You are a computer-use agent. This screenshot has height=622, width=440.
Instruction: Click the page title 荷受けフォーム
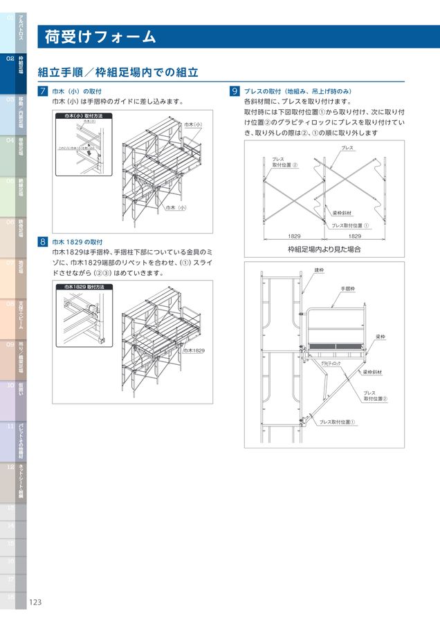click(x=100, y=37)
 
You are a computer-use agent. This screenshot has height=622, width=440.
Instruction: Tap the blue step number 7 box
click(x=43, y=91)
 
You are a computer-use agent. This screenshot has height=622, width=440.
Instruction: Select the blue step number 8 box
click(x=43, y=242)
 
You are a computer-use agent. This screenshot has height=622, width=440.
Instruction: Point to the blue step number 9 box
click(x=235, y=91)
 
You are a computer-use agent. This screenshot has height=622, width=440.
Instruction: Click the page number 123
click(x=35, y=602)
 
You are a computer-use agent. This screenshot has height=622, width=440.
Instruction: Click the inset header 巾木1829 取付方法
click(x=85, y=286)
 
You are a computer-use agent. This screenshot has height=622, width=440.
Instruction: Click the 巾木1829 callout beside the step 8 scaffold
click(x=194, y=350)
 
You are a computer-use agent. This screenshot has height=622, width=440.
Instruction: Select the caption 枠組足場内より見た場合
click(x=324, y=249)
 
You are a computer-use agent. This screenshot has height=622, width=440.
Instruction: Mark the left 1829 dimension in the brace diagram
click(x=295, y=236)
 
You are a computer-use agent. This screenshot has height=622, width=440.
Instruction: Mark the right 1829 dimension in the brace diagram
click(x=354, y=236)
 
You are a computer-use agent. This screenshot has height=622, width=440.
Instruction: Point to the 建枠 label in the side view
click(x=319, y=270)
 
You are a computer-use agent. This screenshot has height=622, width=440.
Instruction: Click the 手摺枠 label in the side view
click(x=347, y=288)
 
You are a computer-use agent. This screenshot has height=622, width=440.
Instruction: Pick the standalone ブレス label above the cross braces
click(x=347, y=149)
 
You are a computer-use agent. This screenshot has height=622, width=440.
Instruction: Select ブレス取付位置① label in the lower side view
click(x=336, y=422)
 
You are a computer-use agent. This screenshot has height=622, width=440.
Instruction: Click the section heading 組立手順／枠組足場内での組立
click(x=118, y=72)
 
